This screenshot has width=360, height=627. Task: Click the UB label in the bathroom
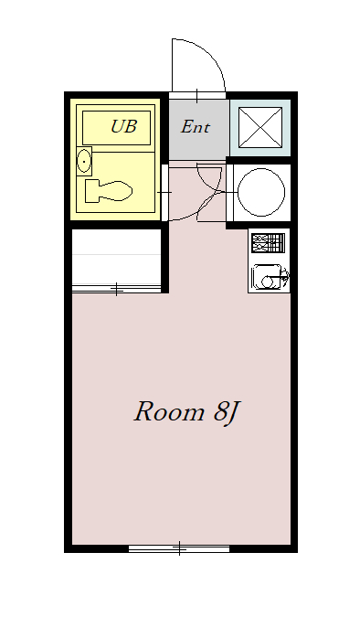[123, 126]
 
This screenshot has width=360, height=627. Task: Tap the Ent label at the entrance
[195, 127]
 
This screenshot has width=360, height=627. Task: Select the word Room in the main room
[169, 412]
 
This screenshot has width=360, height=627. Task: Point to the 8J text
[226, 413]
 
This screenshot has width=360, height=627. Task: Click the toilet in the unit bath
[109, 191]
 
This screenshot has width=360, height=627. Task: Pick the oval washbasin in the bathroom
[84, 161]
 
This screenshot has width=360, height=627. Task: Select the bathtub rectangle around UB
[116, 128]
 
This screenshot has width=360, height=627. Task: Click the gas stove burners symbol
[268, 242]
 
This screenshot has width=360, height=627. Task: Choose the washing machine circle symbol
[261, 192]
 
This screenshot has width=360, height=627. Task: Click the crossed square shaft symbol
[260, 127]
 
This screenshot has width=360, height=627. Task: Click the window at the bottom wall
[179, 547]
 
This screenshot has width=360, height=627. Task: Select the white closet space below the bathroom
[116, 257]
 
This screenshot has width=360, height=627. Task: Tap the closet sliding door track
[116, 289]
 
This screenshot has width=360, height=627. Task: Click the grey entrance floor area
[198, 129]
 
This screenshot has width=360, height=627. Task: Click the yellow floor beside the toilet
[143, 175]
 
